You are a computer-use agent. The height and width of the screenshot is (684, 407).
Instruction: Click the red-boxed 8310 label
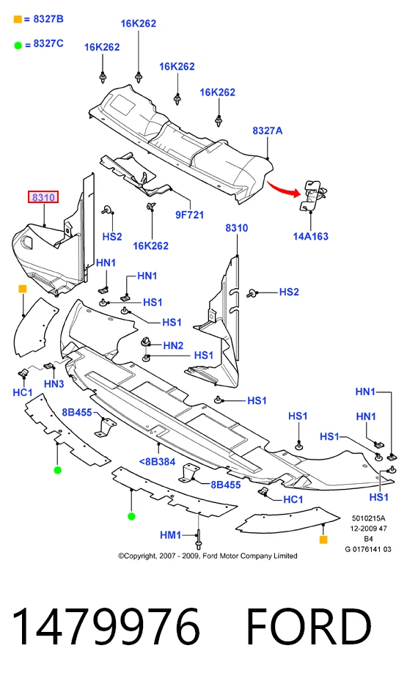coord(43,198)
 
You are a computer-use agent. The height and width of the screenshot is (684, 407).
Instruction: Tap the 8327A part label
coord(268,130)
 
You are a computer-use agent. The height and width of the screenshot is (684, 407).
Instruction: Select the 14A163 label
coord(311,237)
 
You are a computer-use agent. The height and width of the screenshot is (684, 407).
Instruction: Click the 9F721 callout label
coord(189,215)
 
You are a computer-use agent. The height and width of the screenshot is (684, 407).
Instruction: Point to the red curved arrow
coord(284,188)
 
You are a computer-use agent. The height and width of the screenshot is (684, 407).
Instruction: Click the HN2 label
coord(173,345)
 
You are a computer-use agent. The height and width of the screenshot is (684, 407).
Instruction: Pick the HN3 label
coord(54,384)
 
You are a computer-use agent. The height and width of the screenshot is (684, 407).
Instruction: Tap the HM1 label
coord(171,535)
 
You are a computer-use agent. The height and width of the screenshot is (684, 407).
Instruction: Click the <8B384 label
coord(157,462)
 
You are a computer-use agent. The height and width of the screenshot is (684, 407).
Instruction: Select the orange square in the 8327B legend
coord(18,19)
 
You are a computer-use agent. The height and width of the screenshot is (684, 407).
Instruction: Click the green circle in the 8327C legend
coord(18,45)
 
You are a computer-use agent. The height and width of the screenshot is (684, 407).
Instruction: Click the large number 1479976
coord(106,627)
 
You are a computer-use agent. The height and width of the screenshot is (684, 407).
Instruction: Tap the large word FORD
coord(309,627)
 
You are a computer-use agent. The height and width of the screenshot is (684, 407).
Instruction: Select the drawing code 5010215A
coord(369,518)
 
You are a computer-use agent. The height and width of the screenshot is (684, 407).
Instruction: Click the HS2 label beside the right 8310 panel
coord(289,292)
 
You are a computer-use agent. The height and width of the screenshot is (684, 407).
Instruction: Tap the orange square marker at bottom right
coord(323,540)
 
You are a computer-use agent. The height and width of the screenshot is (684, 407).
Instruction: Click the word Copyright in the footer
coord(140,556)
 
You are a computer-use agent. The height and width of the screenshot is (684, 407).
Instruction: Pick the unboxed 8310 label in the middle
coord(236,228)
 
